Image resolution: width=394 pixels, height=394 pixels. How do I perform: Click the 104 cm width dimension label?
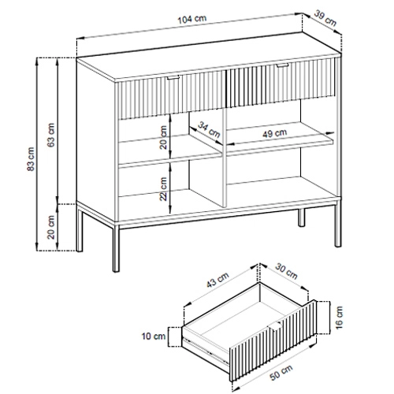click(192, 19)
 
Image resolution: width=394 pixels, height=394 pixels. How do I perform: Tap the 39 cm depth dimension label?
click(325, 18)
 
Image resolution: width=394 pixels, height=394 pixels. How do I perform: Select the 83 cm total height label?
click(31, 159)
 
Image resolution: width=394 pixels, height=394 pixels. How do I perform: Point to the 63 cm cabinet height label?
click(51, 135)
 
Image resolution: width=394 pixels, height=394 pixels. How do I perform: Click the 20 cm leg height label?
click(51, 227)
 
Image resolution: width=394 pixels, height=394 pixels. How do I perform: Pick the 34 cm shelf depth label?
click(209, 129)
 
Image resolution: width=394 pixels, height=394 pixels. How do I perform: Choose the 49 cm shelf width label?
click(275, 133)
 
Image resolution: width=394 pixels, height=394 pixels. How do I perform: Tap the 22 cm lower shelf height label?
click(163, 189)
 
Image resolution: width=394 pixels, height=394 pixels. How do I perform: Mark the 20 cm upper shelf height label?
click(163, 137)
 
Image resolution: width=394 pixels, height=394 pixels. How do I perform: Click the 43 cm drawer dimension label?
click(217, 280)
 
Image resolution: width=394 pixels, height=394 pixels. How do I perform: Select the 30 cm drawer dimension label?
click(286, 271)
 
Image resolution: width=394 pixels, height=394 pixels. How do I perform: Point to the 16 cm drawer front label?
click(339, 318)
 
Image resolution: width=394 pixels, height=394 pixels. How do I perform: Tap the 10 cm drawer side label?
click(154, 336)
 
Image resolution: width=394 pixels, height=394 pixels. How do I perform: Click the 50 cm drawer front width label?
click(281, 373)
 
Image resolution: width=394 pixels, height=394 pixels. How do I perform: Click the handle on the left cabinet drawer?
click(173, 77)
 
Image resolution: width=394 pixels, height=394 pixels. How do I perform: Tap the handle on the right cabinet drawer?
click(282, 65)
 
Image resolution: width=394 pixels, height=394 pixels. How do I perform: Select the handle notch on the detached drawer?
click(275, 326)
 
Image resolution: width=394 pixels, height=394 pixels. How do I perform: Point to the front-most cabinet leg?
click(116, 247)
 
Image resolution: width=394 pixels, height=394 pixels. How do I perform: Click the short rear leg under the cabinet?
click(302, 217)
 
